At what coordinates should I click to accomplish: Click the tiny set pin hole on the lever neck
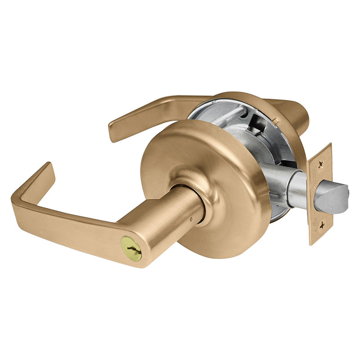click(191, 220)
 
